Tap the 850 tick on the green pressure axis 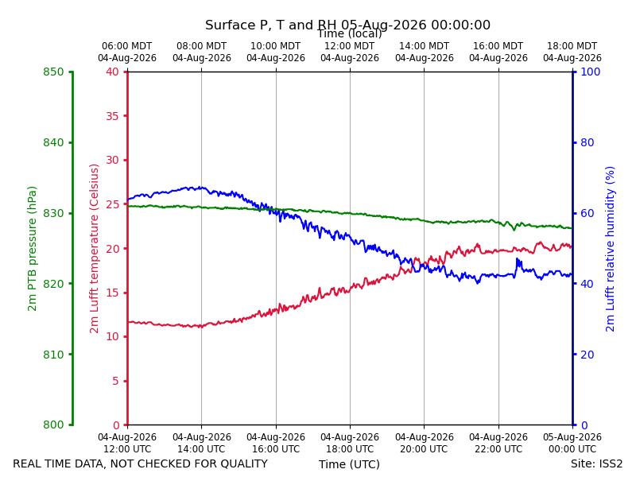click(53, 72)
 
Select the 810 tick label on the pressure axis click(53, 355)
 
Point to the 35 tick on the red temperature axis click(113, 116)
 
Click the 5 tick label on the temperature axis click(116, 381)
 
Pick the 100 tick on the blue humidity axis click(591, 72)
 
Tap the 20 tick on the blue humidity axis click(588, 355)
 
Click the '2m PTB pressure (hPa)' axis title click(32, 249)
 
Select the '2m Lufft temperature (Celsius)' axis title click(94, 249)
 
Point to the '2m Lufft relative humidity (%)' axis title click(610, 249)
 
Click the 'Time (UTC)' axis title click(349, 464)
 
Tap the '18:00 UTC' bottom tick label click(350, 449)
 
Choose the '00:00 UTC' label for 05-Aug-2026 click(572, 449)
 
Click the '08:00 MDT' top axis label click(202, 46)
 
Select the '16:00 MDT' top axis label click(498, 46)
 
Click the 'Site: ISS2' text click(596, 463)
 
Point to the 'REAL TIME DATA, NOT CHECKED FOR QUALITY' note click(141, 463)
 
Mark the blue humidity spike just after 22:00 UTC click(518, 260)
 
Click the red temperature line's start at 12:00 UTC click(128, 322)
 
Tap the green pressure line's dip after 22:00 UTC click(514, 230)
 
